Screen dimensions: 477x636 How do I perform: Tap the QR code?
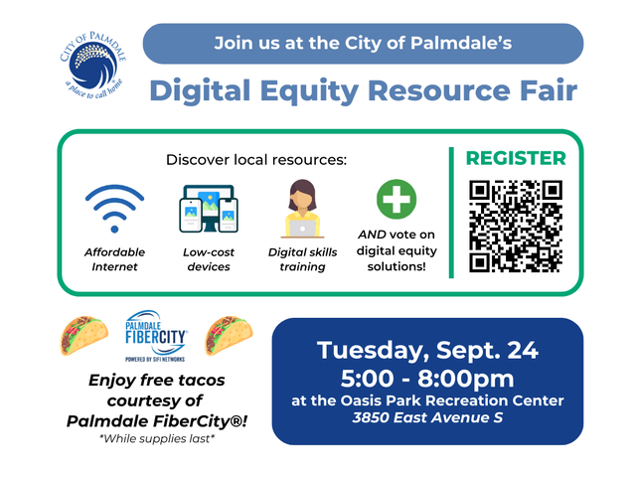tap(516, 226)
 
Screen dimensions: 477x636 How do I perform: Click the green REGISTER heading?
tap(516, 159)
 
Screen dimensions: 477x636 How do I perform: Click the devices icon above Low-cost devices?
tap(208, 209)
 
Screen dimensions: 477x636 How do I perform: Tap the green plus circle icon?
tap(397, 199)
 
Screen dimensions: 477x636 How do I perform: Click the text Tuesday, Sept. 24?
tap(427, 350)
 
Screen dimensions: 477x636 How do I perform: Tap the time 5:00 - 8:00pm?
tap(427, 378)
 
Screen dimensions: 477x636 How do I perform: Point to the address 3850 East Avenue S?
tap(427, 418)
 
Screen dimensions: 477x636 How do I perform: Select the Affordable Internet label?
tap(114, 259)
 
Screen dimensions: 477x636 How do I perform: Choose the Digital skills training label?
tap(302, 259)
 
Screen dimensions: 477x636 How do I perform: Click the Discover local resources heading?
tap(256, 159)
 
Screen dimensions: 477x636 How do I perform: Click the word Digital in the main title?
tap(197, 91)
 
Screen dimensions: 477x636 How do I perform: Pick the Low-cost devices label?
tap(208, 259)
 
